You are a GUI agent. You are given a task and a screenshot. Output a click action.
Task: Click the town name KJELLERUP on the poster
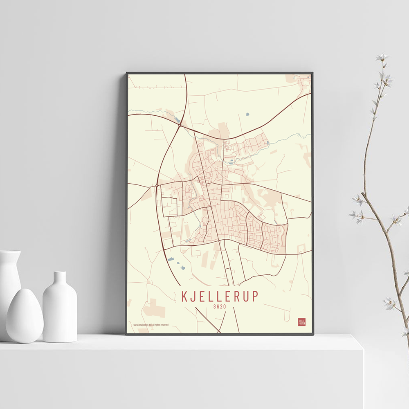pyautogui.click(x=220, y=296)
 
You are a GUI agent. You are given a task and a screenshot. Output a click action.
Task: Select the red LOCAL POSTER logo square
pyautogui.click(x=301, y=322)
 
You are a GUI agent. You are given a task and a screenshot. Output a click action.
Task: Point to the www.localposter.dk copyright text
pyautogui.click(x=151, y=325)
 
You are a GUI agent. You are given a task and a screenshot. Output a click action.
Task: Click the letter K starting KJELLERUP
pyautogui.click(x=185, y=296)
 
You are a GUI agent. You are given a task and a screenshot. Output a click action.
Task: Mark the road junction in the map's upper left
pyautogui.click(x=180, y=126)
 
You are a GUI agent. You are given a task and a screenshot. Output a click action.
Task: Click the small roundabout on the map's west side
pyautogui.click(x=157, y=185)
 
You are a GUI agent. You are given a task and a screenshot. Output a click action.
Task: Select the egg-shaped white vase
pyautogui.click(x=25, y=315)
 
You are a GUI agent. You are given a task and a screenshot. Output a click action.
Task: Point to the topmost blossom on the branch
pyautogui.click(x=382, y=57)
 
